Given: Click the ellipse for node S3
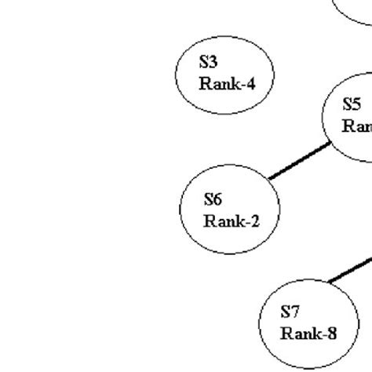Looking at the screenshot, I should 224,75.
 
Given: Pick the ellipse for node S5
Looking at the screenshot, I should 349,118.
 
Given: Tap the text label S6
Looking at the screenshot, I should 213,199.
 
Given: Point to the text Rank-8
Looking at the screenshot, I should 308,334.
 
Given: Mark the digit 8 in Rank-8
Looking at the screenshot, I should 332,334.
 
